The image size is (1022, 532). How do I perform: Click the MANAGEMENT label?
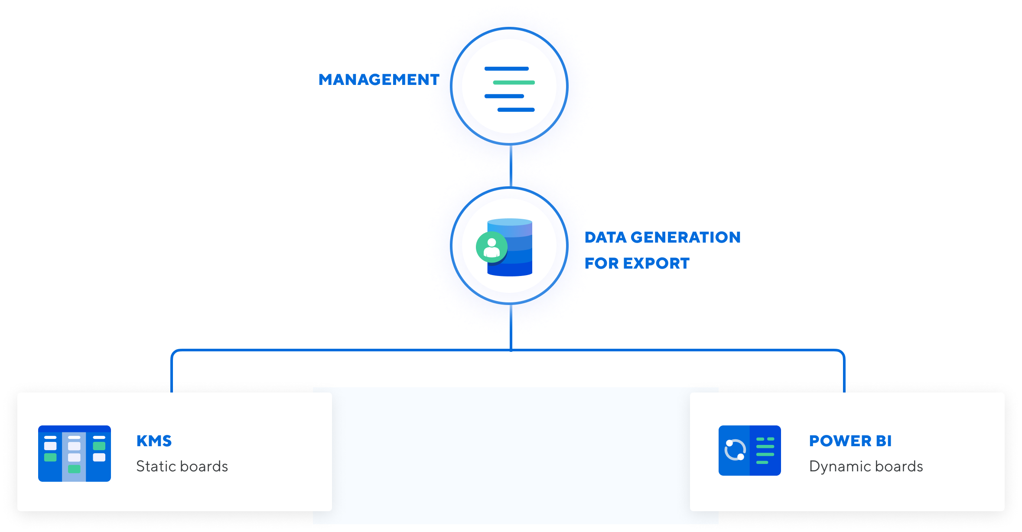pos(379,80)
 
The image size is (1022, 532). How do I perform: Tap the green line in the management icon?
pos(514,82)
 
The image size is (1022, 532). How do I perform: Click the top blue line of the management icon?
pos(506,69)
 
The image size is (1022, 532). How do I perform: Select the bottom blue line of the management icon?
pos(516,110)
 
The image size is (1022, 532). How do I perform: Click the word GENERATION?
pos(685,237)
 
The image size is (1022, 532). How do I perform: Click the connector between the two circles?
pos(511,166)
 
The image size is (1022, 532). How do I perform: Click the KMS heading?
pos(154,441)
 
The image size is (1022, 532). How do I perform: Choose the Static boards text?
pos(182,467)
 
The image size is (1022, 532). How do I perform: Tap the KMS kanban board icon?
pos(75,454)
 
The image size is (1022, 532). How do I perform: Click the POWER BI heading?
pos(850,441)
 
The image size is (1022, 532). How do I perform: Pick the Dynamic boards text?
pos(866,467)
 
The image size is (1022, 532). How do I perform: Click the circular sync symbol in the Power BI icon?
pos(735,450)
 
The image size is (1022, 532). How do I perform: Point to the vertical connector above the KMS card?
pos(172,373)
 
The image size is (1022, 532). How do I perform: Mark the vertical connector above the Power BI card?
pos(844,373)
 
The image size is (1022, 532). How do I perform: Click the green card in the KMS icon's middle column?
pos(74,469)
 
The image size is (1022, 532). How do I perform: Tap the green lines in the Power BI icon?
pos(765,451)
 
